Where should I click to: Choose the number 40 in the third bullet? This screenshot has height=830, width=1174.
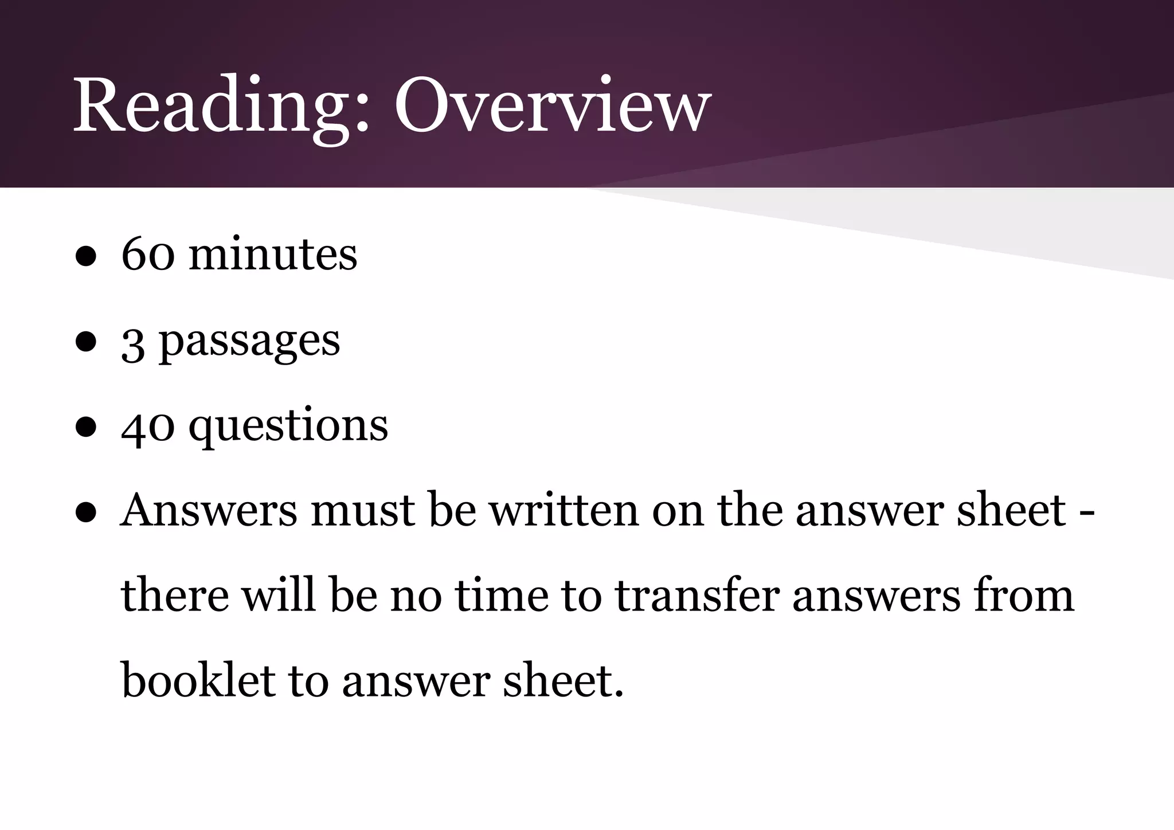(x=148, y=426)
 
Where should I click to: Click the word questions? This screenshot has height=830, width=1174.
(x=288, y=426)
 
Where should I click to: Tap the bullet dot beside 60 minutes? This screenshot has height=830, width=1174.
(x=85, y=257)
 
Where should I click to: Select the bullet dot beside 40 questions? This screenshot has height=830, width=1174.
(x=85, y=428)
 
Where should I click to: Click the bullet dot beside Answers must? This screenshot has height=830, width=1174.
(x=85, y=514)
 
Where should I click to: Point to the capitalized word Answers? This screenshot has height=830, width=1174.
(x=209, y=510)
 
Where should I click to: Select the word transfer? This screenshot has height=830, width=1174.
(x=697, y=596)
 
